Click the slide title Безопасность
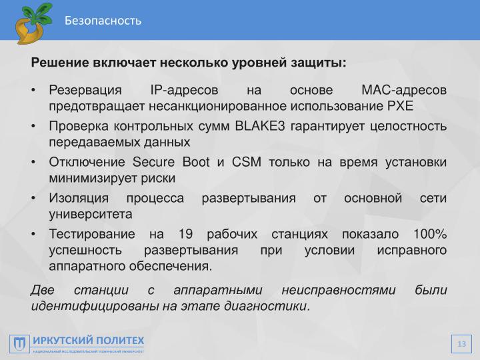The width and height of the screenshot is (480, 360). point(103,21)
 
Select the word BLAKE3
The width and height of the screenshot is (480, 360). point(261,128)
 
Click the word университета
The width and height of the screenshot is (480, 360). point(91,215)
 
